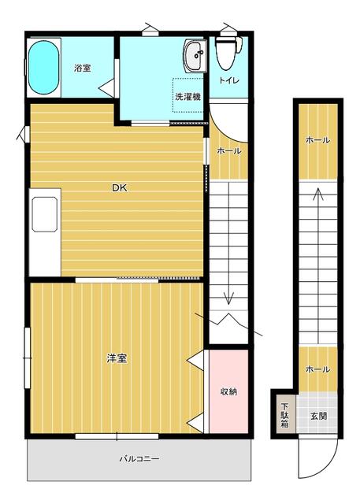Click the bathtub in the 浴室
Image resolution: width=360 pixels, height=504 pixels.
(x=43, y=68)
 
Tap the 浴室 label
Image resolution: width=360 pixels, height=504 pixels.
(x=82, y=69)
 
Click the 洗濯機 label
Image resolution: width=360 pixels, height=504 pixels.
(x=188, y=97)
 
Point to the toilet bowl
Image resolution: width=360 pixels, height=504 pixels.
(x=228, y=52)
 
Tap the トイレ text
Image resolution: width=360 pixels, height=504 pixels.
(x=229, y=80)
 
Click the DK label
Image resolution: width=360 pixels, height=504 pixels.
(x=120, y=187)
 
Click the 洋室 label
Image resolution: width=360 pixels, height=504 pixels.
(x=117, y=358)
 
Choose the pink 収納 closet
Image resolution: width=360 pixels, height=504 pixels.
(x=228, y=391)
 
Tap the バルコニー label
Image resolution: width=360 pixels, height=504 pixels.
(x=139, y=458)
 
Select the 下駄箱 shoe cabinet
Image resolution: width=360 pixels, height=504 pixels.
(x=285, y=415)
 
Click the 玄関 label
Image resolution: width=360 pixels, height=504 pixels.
(x=318, y=416)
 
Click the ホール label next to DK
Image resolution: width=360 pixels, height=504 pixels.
(x=229, y=150)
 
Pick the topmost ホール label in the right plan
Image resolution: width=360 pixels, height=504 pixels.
(x=317, y=140)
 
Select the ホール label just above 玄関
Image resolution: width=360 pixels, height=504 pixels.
(x=317, y=369)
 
